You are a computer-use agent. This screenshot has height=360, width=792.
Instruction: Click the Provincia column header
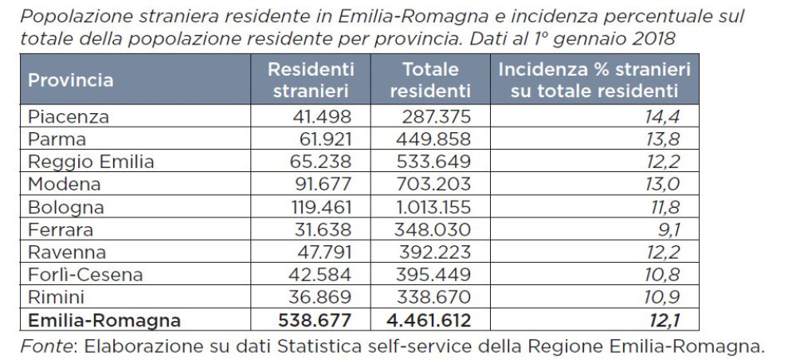[71, 80]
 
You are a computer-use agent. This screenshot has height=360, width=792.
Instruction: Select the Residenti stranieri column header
[312, 80]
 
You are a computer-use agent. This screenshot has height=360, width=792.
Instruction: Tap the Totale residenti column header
[430, 80]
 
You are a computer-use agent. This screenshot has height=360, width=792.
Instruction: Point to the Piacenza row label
[68, 117]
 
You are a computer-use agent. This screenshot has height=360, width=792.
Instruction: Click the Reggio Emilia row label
[91, 162]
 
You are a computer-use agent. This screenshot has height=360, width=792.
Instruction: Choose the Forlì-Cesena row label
[85, 276]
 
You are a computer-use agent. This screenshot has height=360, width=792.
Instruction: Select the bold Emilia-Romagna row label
[104, 321]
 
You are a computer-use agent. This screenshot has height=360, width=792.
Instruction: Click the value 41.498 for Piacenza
[323, 117]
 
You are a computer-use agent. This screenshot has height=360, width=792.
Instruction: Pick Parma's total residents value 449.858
[433, 139]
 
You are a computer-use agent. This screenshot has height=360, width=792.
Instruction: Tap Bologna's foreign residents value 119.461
[318, 208]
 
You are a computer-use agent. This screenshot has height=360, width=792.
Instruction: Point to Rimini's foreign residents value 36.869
[323, 298]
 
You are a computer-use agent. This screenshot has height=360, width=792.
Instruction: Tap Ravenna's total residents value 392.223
[433, 252]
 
